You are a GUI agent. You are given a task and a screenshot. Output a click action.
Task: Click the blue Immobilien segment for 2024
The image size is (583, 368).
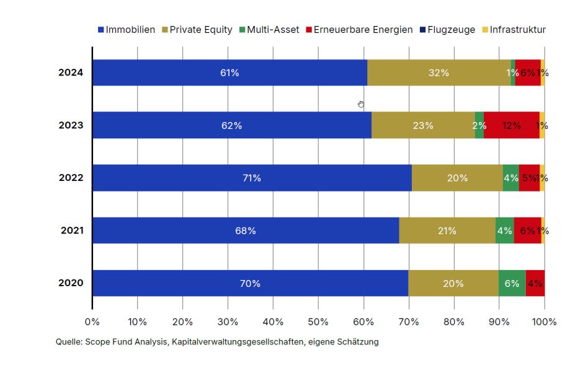click(229, 72)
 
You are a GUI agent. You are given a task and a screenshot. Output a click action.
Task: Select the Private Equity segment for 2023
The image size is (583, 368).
click(423, 125)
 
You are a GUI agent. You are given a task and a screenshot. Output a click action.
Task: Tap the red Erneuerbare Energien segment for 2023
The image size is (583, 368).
click(511, 125)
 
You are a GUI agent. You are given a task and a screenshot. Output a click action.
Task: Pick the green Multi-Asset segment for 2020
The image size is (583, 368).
click(512, 283)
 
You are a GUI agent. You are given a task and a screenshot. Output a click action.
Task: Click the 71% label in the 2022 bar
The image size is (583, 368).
click(252, 178)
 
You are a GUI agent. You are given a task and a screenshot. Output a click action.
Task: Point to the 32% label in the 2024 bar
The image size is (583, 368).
click(438, 72)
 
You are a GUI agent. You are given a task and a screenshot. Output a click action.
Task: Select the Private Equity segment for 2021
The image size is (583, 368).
click(447, 230)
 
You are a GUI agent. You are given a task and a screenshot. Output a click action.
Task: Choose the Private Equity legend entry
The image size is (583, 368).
click(197, 30)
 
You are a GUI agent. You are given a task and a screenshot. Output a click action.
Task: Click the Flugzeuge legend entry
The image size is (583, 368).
click(447, 30)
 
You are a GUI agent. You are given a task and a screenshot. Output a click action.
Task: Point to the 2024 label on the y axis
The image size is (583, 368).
click(71, 72)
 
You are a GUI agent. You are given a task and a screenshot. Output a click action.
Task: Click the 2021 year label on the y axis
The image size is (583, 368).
click(72, 230)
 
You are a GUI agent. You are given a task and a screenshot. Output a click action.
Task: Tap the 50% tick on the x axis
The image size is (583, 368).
click(318, 322)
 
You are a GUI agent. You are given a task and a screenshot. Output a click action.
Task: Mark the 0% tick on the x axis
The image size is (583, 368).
click(92, 322)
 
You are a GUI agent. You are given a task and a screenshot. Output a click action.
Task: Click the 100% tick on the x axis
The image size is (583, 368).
click(545, 322)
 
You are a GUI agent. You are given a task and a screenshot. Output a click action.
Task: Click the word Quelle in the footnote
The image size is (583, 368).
click(68, 341)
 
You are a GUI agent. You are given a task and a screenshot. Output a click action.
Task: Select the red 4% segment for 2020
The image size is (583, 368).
click(535, 283)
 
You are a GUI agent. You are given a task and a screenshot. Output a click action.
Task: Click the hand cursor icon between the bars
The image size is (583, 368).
click(361, 104)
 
